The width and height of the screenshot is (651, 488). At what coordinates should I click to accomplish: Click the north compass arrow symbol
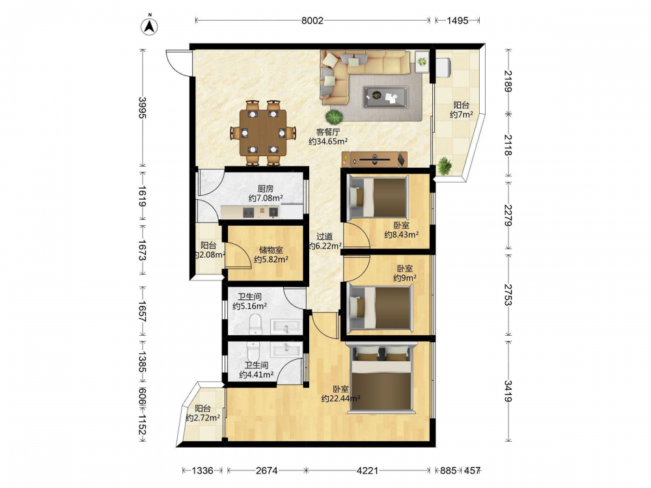click(150, 25)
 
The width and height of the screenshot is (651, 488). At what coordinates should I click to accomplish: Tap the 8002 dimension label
click(312, 20)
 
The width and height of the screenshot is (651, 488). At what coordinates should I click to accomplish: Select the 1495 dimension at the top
click(457, 20)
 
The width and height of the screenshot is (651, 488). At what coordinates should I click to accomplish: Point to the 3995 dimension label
click(143, 107)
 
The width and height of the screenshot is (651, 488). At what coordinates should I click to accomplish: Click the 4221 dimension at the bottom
click(367, 470)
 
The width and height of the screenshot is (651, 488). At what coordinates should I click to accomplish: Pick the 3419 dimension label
click(508, 391)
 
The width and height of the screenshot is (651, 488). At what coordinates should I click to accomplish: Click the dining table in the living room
click(263, 133)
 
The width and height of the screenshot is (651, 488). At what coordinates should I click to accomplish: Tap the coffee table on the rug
click(385, 97)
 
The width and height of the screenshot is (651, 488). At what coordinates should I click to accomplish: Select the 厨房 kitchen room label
click(266, 189)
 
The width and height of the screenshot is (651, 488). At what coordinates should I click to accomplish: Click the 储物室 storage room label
click(271, 251)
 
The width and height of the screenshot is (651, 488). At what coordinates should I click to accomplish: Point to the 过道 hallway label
click(325, 237)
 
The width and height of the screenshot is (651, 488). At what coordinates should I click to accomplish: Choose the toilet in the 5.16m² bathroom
click(255, 324)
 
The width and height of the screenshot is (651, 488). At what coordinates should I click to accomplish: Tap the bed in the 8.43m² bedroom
click(378, 197)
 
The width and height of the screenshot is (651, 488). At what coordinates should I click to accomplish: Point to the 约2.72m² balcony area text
click(202, 418)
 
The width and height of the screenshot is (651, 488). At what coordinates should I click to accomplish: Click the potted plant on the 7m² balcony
click(445, 166)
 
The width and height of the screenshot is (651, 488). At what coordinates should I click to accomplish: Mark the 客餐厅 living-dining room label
click(328, 132)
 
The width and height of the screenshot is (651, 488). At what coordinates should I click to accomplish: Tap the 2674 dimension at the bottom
click(266, 470)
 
